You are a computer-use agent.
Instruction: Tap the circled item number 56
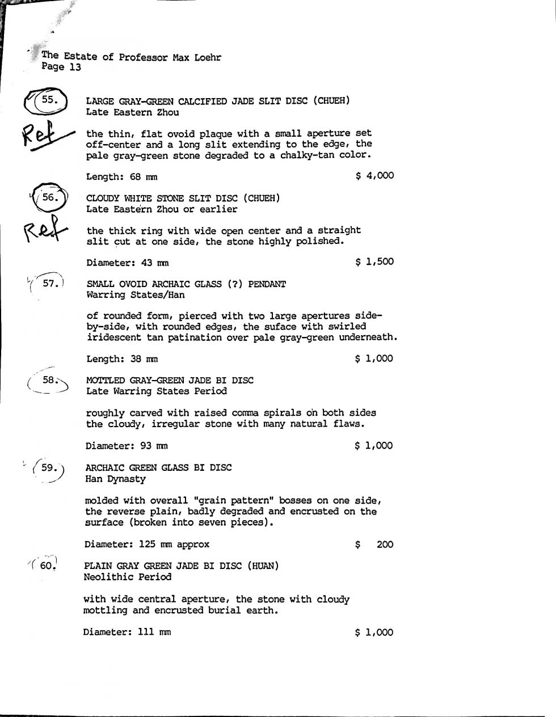[x=50, y=197]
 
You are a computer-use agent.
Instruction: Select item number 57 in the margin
[x=50, y=283]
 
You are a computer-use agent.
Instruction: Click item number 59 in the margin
[x=49, y=468]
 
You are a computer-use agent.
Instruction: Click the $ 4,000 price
[x=374, y=175]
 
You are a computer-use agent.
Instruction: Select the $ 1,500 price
[x=374, y=262]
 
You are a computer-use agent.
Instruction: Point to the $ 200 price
[x=374, y=545]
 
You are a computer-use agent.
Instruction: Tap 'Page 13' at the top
[x=61, y=68]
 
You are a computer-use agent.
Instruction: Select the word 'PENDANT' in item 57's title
[x=267, y=284]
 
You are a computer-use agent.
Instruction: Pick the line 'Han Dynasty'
[x=115, y=479]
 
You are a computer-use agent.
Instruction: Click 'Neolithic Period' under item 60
[x=127, y=577]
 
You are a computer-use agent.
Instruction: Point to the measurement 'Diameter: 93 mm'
[x=126, y=446]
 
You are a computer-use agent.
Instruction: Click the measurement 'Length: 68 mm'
[x=121, y=176]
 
